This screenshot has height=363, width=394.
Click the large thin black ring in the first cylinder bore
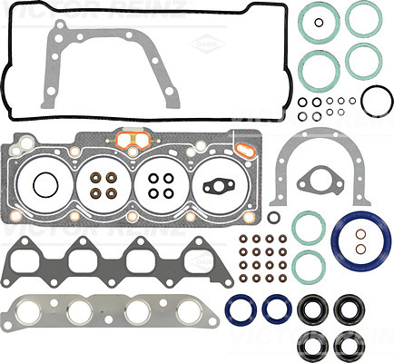pos(42,187)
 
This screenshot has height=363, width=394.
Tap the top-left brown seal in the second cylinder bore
pos(94,178)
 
